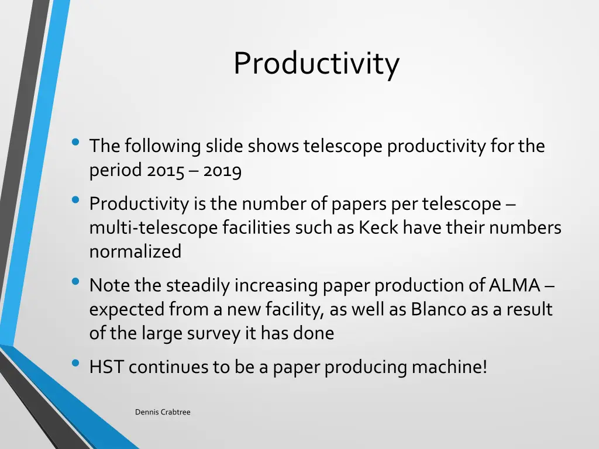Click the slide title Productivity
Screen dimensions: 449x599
coord(316,64)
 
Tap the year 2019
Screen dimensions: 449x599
coord(223,170)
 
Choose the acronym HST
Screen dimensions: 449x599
coord(106,367)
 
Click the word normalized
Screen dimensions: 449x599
coord(135,251)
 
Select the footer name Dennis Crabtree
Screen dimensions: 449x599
coord(163,412)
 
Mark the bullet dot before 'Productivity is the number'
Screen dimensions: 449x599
coord(75,200)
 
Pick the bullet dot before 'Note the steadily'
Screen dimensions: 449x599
coord(75,282)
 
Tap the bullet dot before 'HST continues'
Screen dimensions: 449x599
coord(75,363)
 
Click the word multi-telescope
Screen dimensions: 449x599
coord(154,227)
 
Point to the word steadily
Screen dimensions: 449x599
coord(198,285)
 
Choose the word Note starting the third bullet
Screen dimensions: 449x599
coord(109,285)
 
